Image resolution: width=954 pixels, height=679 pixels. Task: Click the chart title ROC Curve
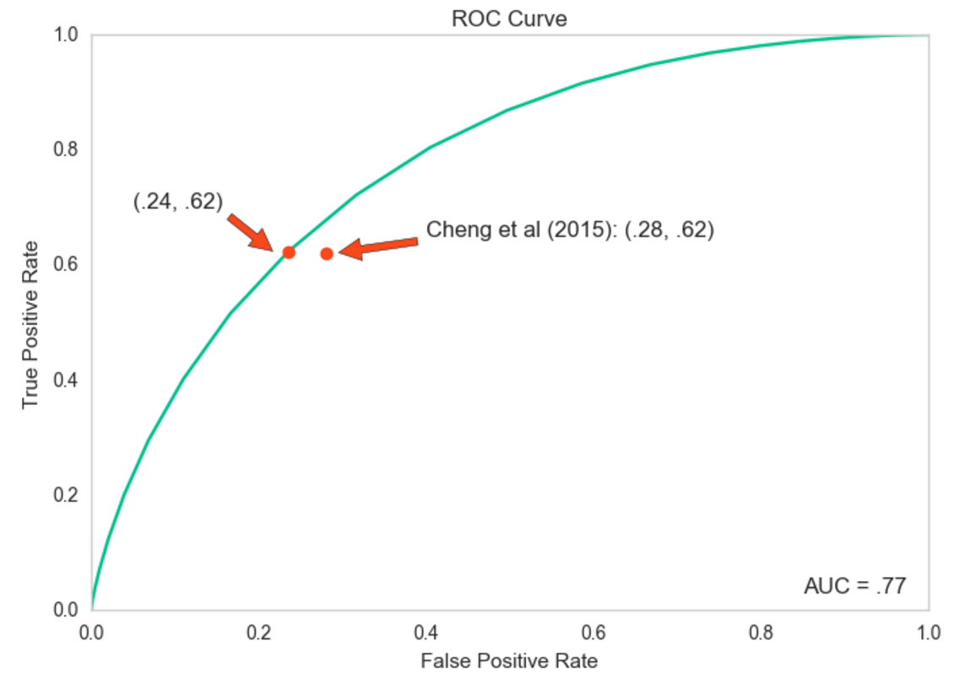509,19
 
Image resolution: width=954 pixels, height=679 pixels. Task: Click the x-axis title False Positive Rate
508,660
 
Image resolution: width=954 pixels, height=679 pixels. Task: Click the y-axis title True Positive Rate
30,324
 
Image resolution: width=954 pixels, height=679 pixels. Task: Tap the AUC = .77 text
854,586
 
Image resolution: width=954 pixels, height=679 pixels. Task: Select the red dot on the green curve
288,252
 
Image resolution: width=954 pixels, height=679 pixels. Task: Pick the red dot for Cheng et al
327,253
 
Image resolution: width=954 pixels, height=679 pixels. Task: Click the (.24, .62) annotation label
178,201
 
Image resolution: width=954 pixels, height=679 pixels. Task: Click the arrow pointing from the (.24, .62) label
250,231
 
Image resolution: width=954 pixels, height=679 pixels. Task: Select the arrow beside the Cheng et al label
379,247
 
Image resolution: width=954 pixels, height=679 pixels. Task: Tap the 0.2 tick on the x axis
259,632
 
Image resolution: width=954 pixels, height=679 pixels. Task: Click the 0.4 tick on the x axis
426,632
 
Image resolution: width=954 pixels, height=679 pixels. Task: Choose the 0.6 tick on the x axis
594,632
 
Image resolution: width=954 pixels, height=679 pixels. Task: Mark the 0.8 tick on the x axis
762,632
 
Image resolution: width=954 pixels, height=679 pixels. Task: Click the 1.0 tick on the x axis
929,632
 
